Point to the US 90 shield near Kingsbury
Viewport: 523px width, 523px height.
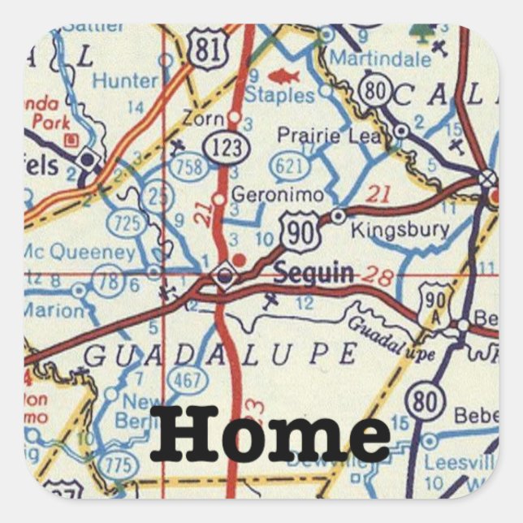pyautogui.click(x=297, y=230)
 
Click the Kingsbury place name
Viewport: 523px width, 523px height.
pyautogui.click(x=400, y=230)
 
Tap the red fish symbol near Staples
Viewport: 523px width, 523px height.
pyautogui.click(x=284, y=77)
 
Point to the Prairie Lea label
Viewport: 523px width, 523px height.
pyautogui.click(x=329, y=136)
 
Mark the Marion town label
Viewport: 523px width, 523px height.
pyautogui.click(x=52, y=309)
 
